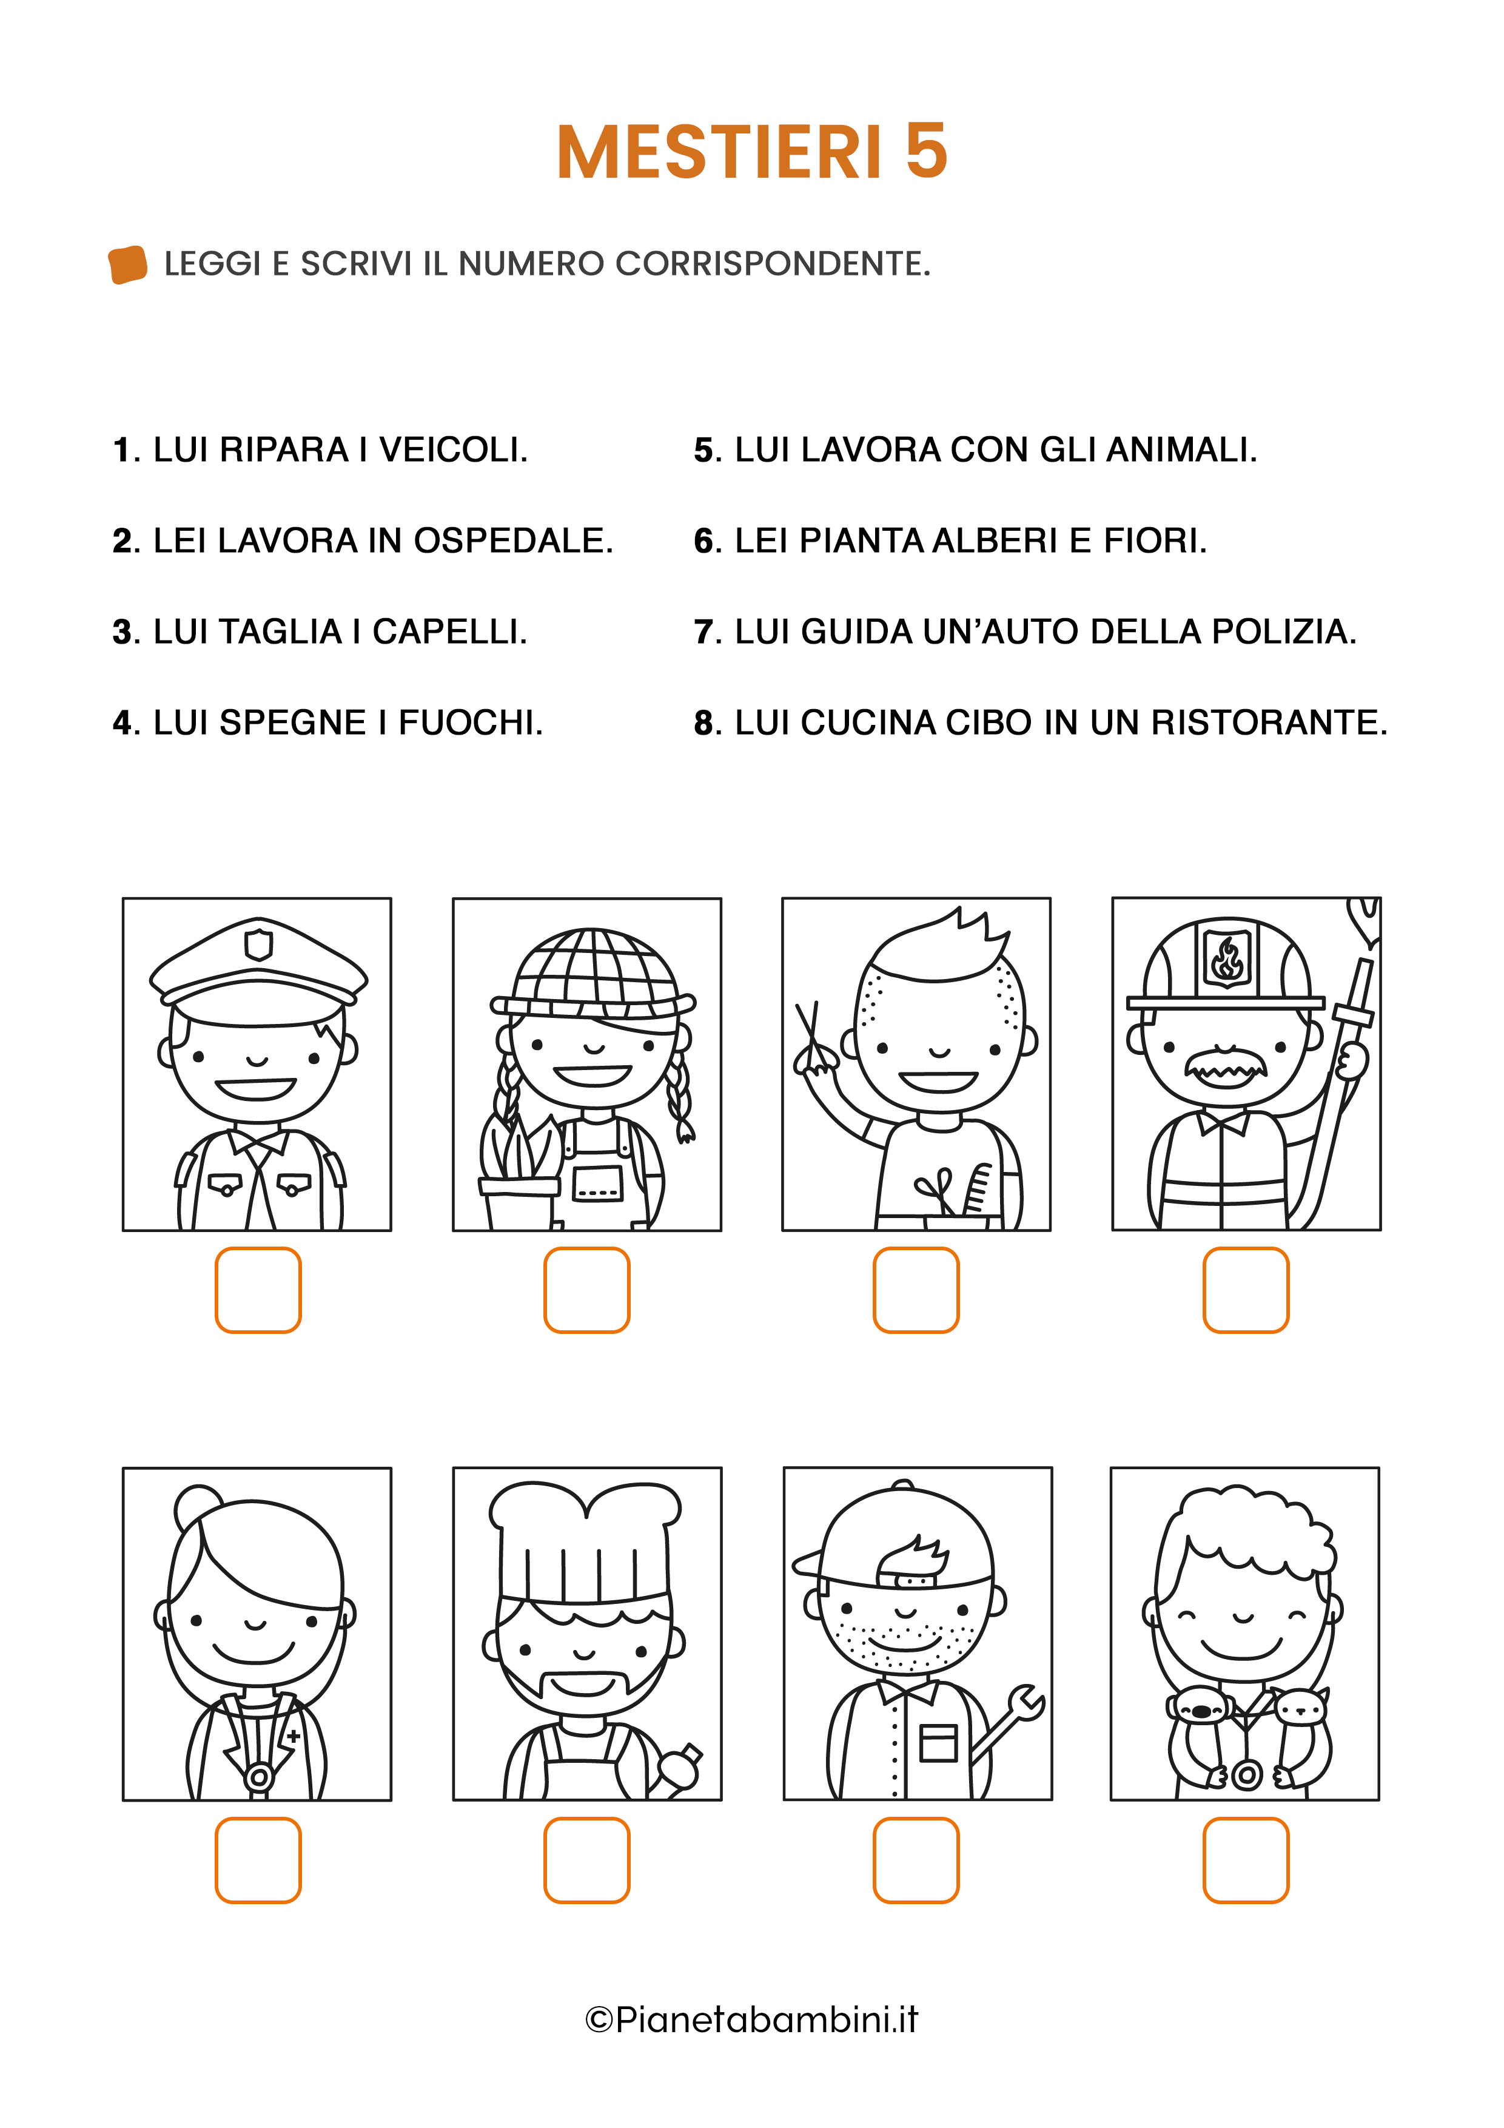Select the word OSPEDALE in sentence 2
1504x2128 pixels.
[514, 541]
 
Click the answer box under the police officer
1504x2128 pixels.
[258, 1290]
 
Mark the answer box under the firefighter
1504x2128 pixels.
[1246, 1290]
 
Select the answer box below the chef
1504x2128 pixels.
[586, 1860]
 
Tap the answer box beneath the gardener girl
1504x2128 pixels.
[586, 1290]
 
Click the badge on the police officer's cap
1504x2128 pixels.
[258, 945]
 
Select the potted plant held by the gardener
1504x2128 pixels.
[520, 1173]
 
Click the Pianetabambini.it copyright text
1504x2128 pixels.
[751, 2019]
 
